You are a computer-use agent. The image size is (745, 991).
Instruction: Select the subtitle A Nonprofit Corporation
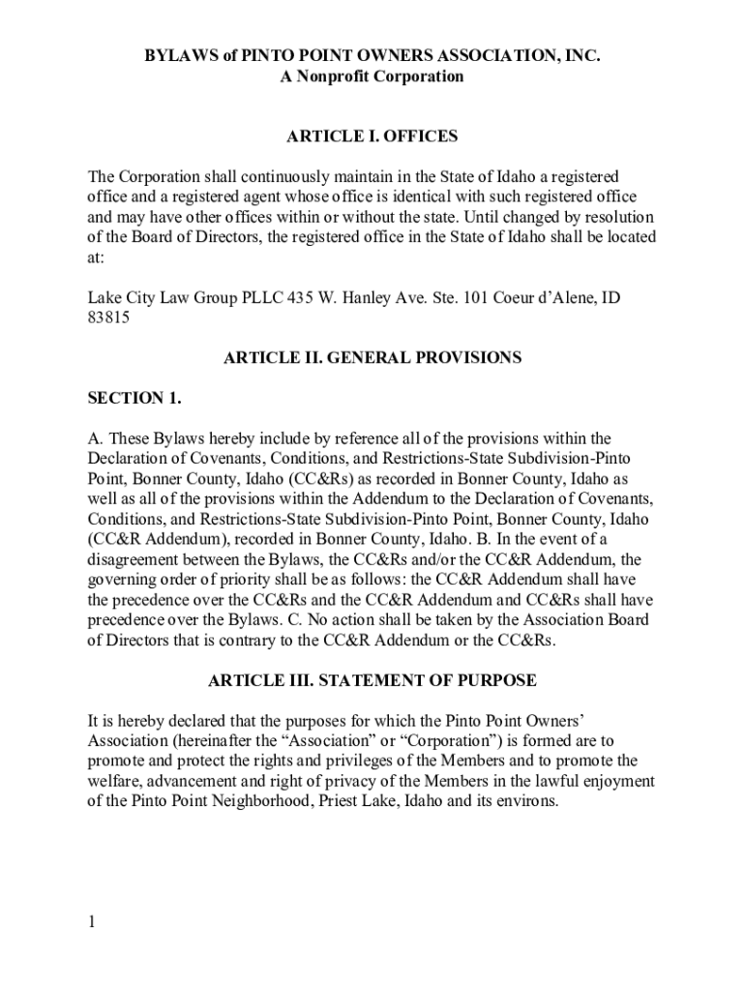[x=372, y=76]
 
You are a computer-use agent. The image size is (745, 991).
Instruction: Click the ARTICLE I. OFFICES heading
[x=372, y=136]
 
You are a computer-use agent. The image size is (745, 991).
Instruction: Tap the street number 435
[x=297, y=297]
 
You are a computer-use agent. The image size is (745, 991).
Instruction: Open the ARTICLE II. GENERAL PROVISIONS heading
[x=372, y=358]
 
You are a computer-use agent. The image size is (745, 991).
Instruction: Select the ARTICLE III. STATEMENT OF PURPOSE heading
[x=372, y=680]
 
